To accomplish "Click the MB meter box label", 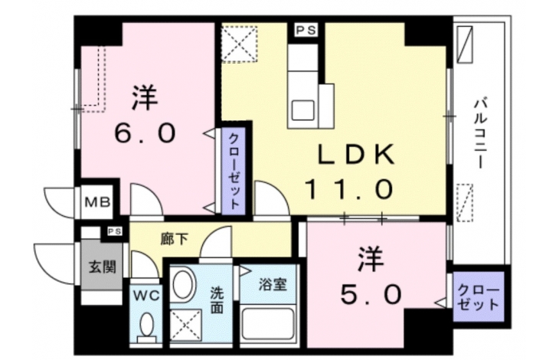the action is pos(97,202).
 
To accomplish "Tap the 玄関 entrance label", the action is pos(103,267).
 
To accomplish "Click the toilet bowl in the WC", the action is pos(146,327).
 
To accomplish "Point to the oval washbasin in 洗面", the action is pos(184,286).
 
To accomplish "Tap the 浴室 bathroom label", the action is pos(273,284).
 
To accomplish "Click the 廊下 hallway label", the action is pos(174,239).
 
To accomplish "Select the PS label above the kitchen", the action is pos(306,31).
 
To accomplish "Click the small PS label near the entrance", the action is pos(115,231).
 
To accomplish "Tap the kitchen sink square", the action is pos(302,110).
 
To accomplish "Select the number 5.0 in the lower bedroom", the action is pos(371,294).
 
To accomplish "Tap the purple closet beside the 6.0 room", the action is pos(234,171).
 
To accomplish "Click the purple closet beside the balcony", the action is pos(479,296).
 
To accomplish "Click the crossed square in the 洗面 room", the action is pos(186,326).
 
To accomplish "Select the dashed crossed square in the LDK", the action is pos(239,43).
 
